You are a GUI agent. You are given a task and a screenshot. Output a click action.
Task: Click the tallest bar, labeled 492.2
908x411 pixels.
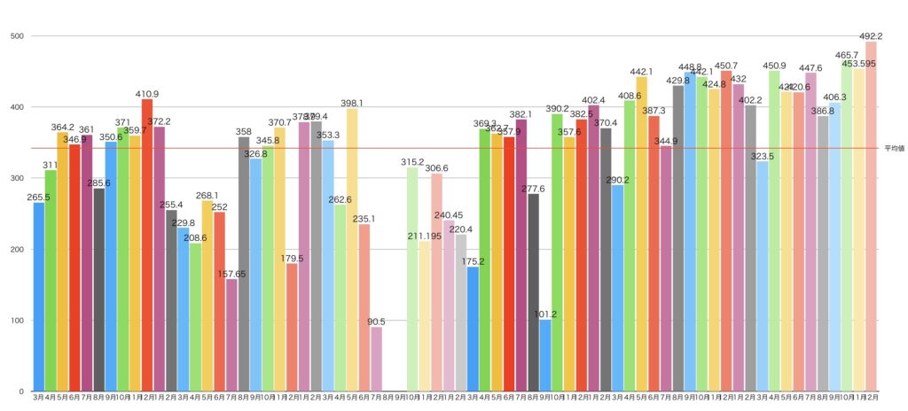tap(871, 217)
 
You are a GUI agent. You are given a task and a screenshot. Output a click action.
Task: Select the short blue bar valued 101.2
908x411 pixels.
tap(545, 355)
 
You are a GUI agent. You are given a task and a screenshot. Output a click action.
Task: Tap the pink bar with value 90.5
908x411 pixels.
tap(376, 359)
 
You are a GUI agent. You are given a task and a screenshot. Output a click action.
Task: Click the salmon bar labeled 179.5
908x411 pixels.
tap(292, 328)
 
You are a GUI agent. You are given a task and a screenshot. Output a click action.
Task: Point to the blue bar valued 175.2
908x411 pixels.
tap(473, 329)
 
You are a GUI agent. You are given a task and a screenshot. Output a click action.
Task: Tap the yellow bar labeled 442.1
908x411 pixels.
tap(641, 234)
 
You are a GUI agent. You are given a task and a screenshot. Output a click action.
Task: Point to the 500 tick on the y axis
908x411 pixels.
tap(15, 36)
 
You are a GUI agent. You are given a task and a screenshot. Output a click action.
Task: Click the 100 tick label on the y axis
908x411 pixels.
tap(15, 321)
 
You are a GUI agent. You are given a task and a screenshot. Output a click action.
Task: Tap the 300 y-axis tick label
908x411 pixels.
tap(15, 179)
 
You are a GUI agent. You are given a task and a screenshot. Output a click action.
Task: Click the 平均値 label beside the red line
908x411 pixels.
tap(893, 149)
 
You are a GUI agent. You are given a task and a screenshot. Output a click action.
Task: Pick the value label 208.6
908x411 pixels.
tap(195, 238)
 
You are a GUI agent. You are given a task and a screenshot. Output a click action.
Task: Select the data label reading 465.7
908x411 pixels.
tap(847, 55)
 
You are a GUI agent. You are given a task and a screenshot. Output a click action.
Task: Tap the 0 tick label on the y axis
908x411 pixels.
tap(20, 392)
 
